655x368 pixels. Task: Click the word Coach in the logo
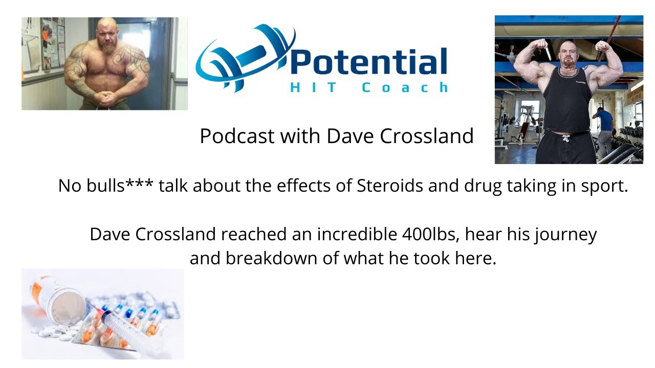click(x=404, y=88)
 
